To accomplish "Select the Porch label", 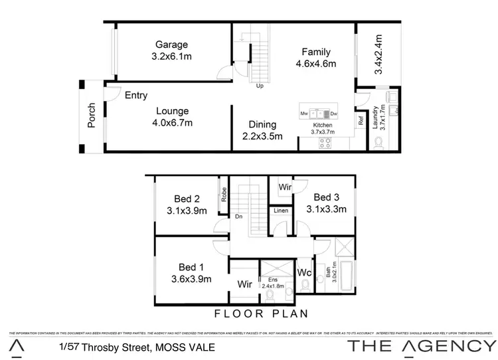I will click(x=92, y=114).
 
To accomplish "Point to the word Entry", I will click(x=136, y=96).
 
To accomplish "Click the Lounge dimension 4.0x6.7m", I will click(x=173, y=123).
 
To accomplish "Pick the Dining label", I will click(x=262, y=124).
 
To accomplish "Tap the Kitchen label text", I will click(x=323, y=126).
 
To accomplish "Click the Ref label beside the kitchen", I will click(x=361, y=122).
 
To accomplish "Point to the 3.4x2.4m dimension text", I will click(x=378, y=54).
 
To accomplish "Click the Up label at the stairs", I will click(x=260, y=86).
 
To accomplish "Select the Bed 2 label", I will click(x=187, y=198).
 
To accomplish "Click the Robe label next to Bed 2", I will click(x=224, y=194).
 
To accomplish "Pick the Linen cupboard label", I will click(x=280, y=211).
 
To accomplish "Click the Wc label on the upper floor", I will click(x=305, y=272).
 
